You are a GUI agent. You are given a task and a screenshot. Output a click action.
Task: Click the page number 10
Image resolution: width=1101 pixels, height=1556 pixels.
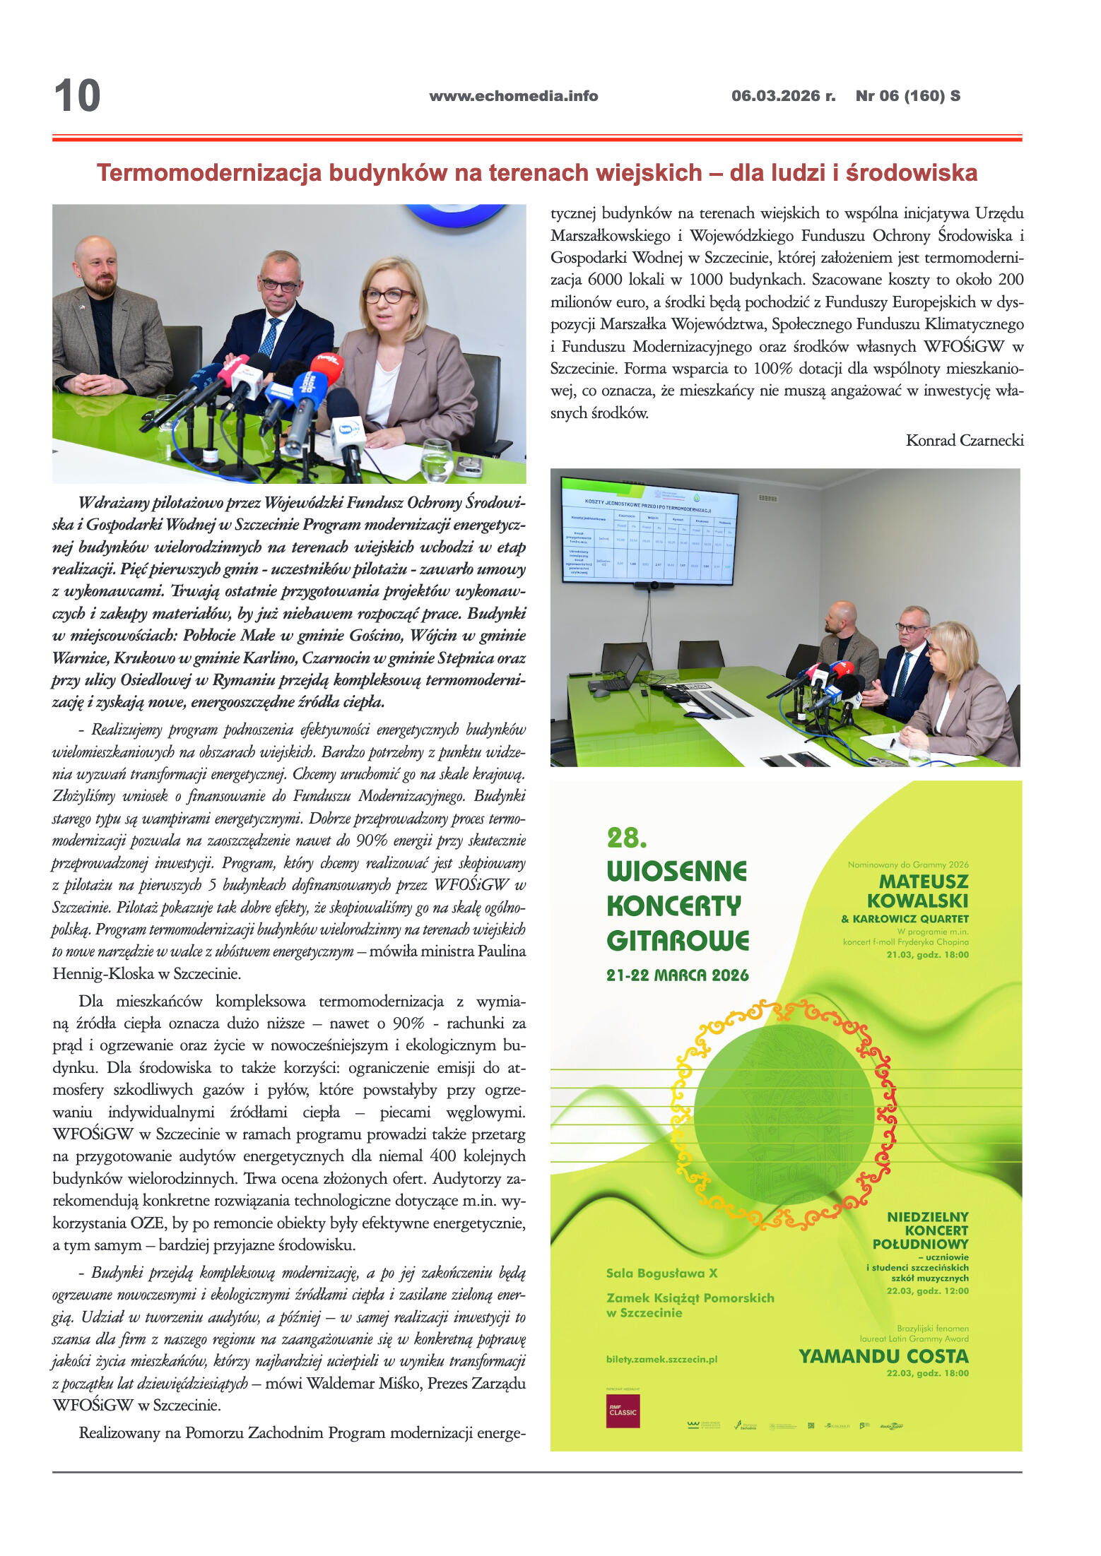(77, 96)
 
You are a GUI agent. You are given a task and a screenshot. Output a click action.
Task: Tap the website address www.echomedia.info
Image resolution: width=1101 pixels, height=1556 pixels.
(513, 96)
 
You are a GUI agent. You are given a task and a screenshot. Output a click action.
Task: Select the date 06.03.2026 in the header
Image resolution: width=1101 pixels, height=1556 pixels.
(776, 96)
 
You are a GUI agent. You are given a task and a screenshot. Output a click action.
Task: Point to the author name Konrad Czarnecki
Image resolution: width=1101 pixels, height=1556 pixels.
(964, 441)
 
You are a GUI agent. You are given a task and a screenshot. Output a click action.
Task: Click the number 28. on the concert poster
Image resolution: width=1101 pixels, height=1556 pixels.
(627, 838)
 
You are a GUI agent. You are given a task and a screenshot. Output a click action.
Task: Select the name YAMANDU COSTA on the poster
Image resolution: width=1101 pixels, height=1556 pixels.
(883, 1356)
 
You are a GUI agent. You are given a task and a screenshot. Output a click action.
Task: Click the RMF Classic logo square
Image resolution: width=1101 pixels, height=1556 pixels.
(623, 1411)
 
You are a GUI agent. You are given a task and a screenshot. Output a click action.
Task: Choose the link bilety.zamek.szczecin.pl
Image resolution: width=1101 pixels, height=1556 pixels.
(661, 1359)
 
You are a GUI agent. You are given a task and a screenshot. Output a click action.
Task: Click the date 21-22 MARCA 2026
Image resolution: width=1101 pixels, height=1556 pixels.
(677, 975)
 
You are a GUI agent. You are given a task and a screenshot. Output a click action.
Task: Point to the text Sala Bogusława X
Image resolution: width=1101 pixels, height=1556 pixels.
(661, 1273)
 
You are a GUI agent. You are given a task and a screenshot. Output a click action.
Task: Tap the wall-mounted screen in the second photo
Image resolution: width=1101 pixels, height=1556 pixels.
(649, 530)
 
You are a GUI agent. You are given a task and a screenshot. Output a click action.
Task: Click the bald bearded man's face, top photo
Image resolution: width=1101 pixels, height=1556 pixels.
(97, 267)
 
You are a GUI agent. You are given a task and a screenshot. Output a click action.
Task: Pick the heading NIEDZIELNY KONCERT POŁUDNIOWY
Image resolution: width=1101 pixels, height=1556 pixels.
(927, 1230)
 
